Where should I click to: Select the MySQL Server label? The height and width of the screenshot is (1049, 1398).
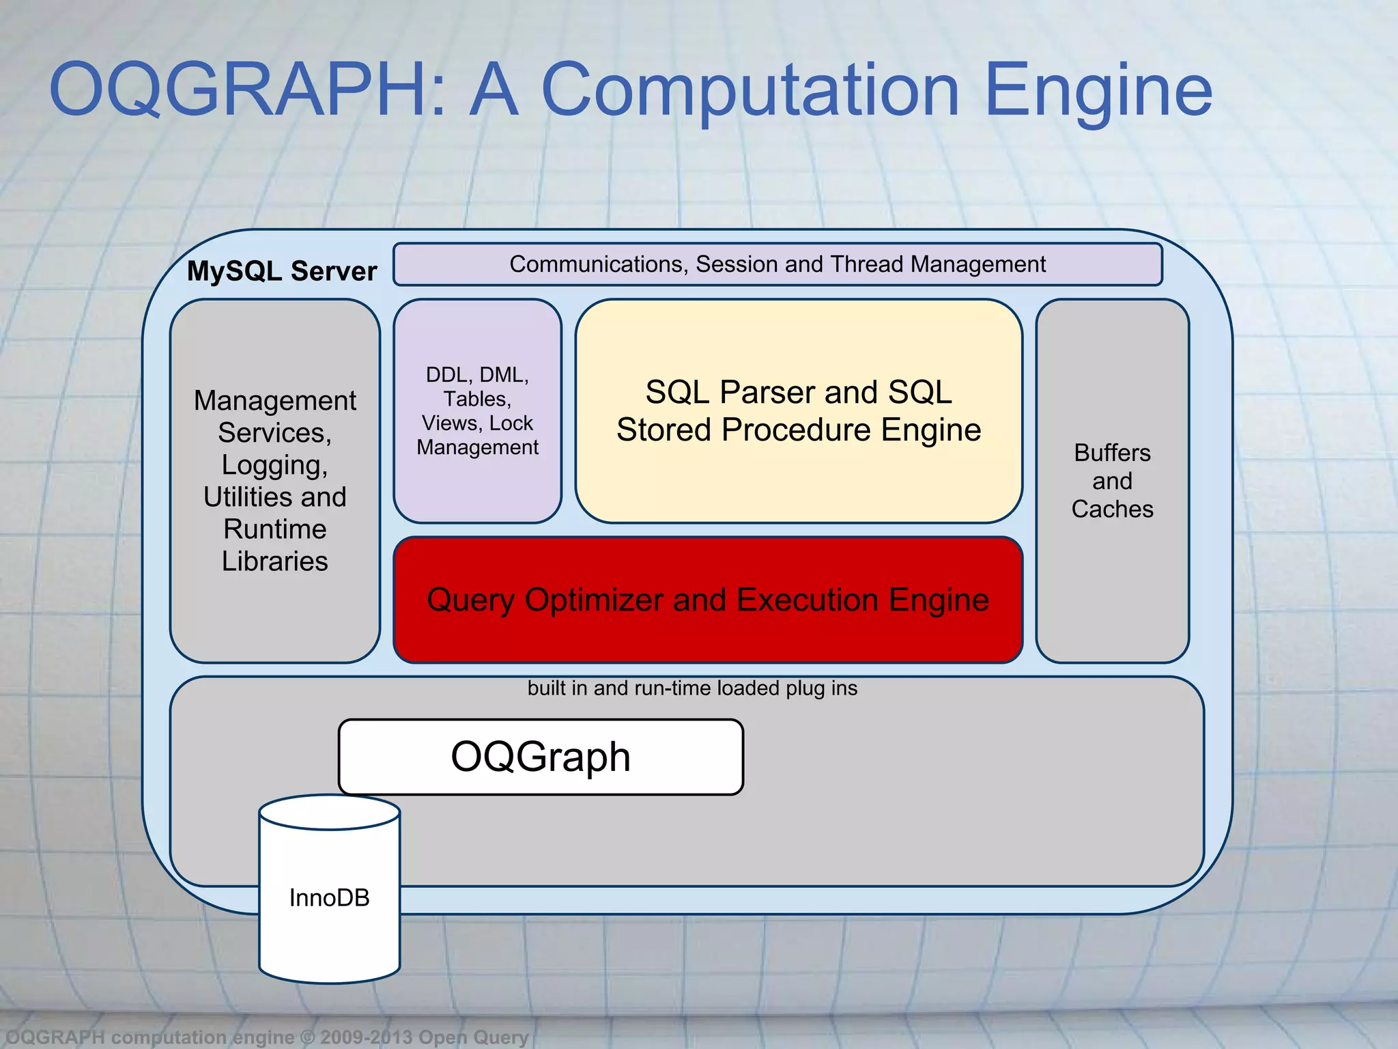[x=281, y=271]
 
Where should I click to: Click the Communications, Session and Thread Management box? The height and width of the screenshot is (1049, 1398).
[x=778, y=264]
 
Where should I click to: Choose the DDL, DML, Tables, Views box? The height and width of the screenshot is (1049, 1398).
[x=477, y=410]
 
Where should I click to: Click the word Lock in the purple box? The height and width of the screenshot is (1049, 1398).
[x=511, y=423]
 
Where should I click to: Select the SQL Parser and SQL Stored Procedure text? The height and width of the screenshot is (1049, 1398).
[x=798, y=411]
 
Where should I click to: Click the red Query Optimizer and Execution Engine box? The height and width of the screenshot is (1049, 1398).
[x=708, y=600]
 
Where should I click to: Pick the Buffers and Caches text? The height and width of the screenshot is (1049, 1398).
[x=1112, y=481]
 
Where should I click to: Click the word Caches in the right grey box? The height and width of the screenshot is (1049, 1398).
[x=1112, y=509]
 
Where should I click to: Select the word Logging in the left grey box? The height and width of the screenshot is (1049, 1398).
[x=274, y=466]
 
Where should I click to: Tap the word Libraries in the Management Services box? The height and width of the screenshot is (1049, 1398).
[x=274, y=561]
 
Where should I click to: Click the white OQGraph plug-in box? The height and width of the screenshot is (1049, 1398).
[x=541, y=757]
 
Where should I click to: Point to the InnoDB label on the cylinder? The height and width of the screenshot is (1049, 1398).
[x=329, y=897]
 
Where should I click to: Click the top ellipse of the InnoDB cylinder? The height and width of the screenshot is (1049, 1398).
[x=329, y=812]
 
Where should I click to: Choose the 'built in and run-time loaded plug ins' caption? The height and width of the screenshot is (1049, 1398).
[x=692, y=688]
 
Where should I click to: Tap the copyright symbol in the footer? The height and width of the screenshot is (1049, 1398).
[x=307, y=1037]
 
